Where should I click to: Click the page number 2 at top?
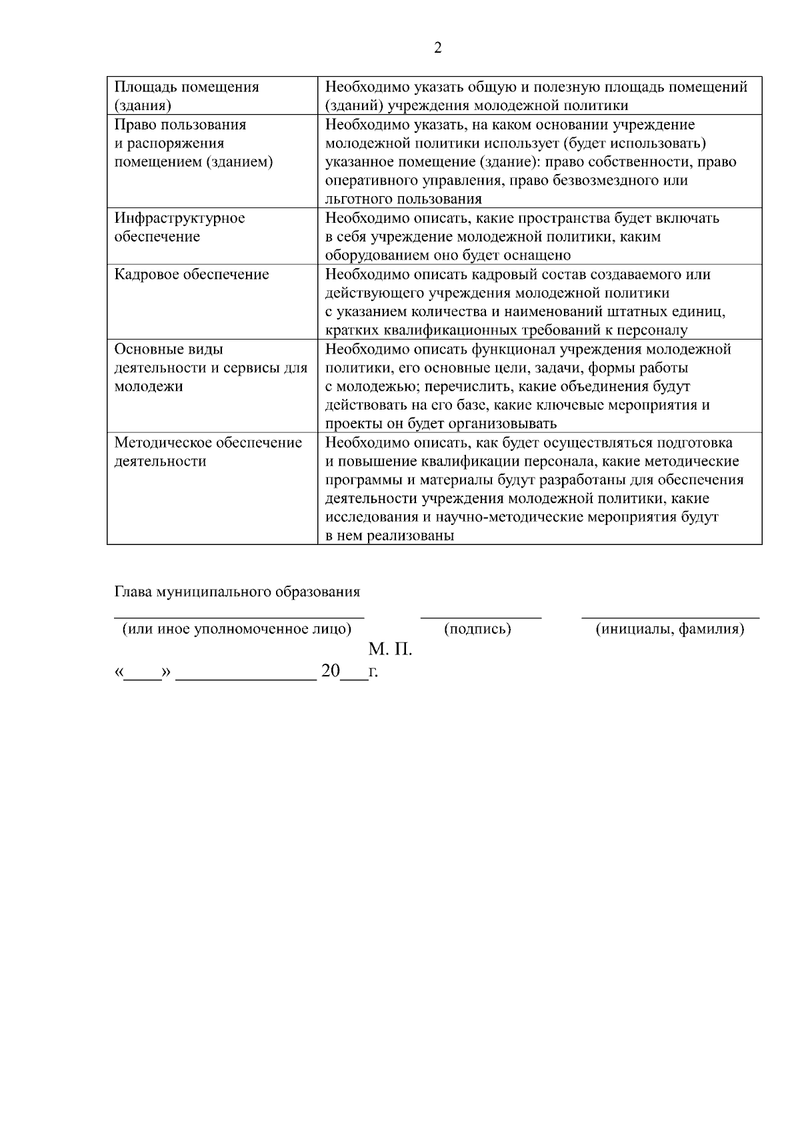(x=437, y=48)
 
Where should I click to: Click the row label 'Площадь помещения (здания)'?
(x=186, y=96)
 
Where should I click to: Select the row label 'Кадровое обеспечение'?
(x=191, y=275)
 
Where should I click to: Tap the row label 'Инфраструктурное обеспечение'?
(x=179, y=227)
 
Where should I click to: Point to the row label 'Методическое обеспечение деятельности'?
(x=208, y=452)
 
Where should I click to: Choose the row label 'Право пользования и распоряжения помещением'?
(x=193, y=143)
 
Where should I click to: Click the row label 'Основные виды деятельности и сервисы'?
(x=210, y=368)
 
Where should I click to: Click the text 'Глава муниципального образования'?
(x=237, y=592)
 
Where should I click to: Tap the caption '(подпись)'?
(x=477, y=629)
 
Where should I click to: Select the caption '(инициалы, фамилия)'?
(x=669, y=629)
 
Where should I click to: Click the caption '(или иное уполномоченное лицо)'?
(x=237, y=629)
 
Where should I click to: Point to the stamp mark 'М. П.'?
(x=390, y=650)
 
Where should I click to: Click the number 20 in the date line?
(x=330, y=671)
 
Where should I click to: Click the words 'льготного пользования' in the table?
(x=403, y=199)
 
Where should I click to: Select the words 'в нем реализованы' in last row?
(x=390, y=536)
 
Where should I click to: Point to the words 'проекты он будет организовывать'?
(x=441, y=424)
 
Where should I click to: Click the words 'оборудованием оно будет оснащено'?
(x=448, y=255)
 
